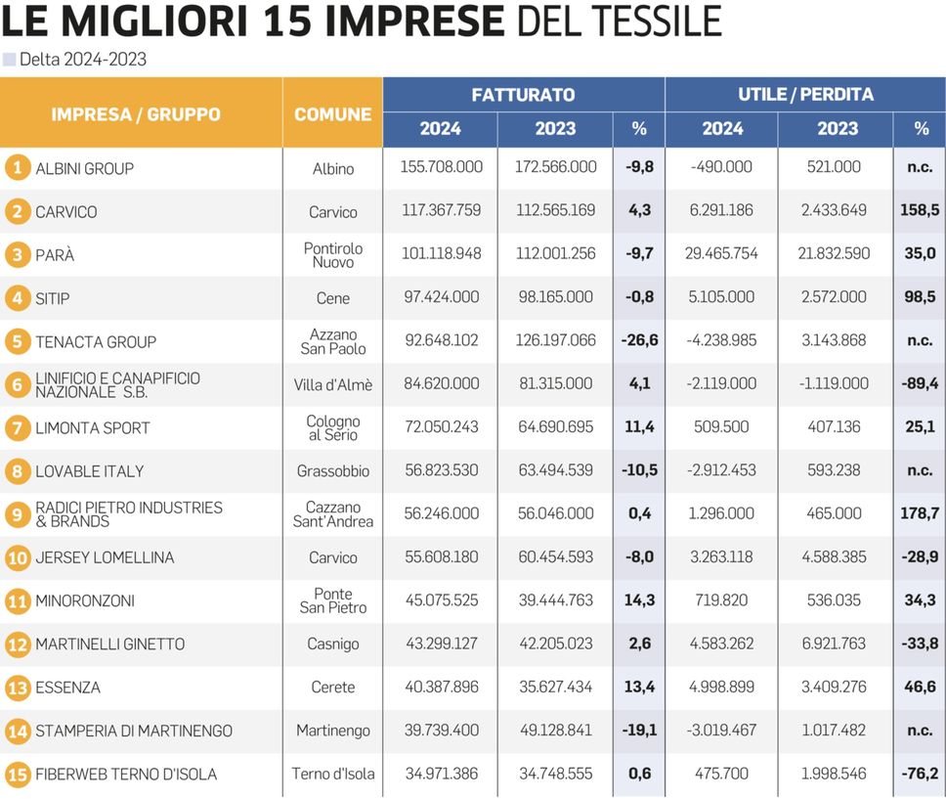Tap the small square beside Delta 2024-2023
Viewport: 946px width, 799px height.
coord(10,60)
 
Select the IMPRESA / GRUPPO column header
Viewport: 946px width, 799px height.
coord(136,114)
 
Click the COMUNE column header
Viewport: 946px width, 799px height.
coord(332,114)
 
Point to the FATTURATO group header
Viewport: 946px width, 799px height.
coord(523,95)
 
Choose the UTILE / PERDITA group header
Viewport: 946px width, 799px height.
coord(805,95)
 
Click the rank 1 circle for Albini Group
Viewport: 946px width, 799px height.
coord(16,168)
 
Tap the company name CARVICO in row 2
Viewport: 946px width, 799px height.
coord(66,212)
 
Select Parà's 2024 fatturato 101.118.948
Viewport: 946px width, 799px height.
coord(441,254)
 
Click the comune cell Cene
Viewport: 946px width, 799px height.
coord(333,298)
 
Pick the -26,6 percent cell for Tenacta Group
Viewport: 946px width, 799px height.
coord(639,341)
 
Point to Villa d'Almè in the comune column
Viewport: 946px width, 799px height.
coord(333,385)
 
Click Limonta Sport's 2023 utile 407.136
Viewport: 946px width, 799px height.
coord(835,427)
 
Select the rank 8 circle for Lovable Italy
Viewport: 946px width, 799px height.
coord(16,471)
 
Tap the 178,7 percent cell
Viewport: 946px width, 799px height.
coord(920,513)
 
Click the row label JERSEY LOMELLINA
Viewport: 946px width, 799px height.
coord(105,557)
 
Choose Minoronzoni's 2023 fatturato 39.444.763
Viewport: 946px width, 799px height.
coord(555,600)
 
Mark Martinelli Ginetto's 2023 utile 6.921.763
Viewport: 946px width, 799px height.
coord(835,644)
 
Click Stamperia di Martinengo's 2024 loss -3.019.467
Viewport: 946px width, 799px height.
coord(721,731)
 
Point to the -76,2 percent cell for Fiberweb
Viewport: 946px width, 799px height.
coord(920,774)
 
